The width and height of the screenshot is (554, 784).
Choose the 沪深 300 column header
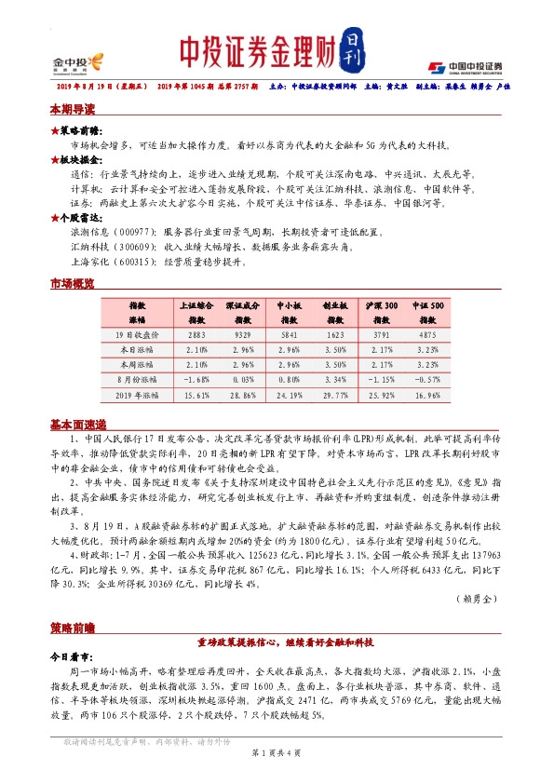(x=382, y=304)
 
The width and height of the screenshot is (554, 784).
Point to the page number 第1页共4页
(x=277, y=751)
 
